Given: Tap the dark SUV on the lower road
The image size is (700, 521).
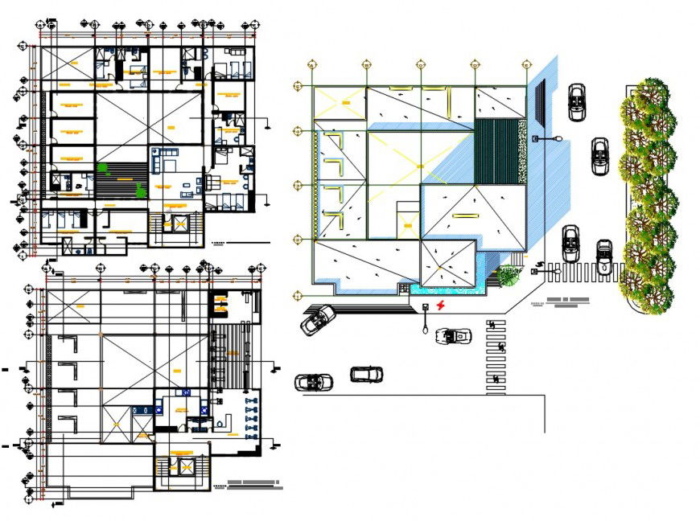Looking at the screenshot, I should pyautogui.click(x=366, y=374).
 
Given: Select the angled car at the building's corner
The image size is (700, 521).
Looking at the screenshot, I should pyautogui.click(x=318, y=320).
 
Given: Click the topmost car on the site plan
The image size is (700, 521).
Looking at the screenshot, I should pyautogui.click(x=576, y=102).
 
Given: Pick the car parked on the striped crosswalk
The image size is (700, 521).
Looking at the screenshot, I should pyautogui.click(x=603, y=256).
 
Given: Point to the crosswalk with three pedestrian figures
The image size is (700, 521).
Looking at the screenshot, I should pyautogui.click(x=496, y=356).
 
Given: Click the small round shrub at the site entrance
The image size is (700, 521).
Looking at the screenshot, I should pyautogui.click(x=509, y=275).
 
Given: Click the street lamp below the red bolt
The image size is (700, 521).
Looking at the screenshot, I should pyautogui.click(x=425, y=319).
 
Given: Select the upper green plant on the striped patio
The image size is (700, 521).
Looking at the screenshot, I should pyautogui.click(x=103, y=167).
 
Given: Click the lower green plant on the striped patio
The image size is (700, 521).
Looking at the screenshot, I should pyautogui.click(x=141, y=189).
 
